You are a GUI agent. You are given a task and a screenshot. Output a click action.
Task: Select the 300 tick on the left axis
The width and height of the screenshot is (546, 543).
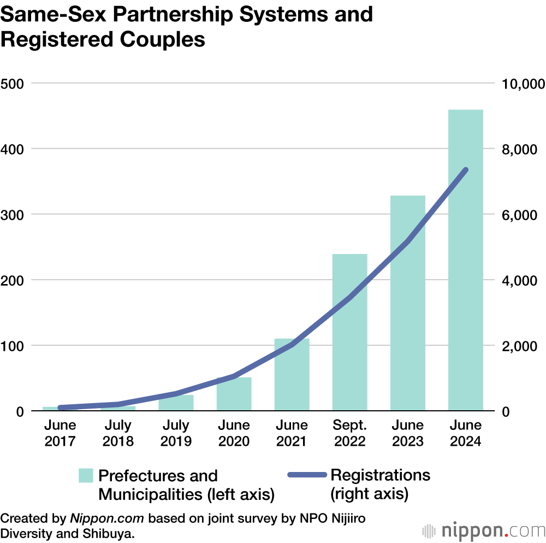pyautogui.click(x=11, y=215)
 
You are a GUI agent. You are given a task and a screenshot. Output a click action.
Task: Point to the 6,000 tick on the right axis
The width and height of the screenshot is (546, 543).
pyautogui.click(x=520, y=215)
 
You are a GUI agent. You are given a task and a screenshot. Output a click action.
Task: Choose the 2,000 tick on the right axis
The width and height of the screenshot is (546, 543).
pyautogui.click(x=520, y=346)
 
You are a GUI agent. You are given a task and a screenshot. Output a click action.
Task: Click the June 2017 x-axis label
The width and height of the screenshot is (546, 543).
pyautogui.click(x=60, y=433)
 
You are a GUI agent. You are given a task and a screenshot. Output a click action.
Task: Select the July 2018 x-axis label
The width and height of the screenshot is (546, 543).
pyautogui.click(x=118, y=433)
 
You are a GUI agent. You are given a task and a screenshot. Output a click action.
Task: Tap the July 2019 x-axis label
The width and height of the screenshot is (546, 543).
pyautogui.click(x=176, y=433)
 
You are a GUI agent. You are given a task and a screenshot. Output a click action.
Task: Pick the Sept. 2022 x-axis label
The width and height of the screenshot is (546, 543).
pyautogui.click(x=349, y=433)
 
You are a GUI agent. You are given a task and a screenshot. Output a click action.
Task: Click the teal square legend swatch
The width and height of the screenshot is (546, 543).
pyautogui.click(x=86, y=475)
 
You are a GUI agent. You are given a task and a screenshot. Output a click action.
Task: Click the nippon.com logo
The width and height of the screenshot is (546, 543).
pyautogui.click(x=484, y=530)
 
